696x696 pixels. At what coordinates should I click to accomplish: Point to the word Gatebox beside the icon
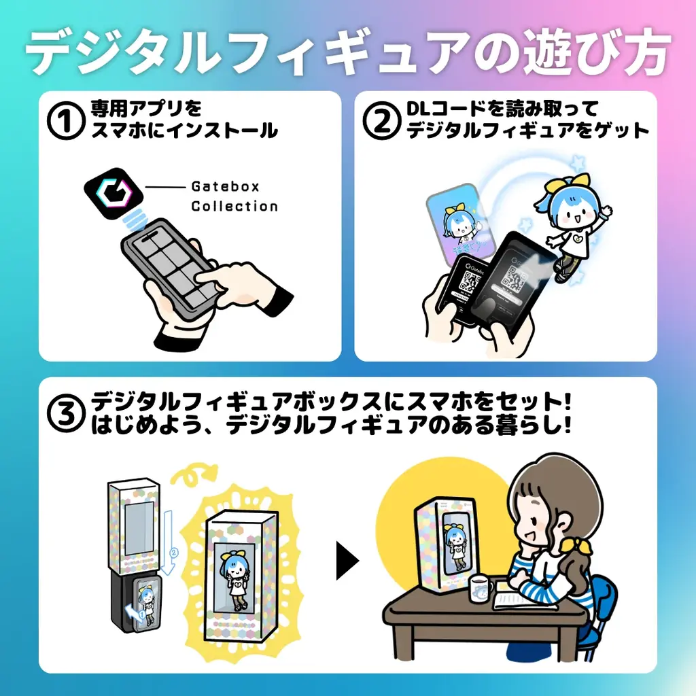225,186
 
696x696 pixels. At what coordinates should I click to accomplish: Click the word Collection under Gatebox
234,207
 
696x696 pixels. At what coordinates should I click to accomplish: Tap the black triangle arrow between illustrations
347,561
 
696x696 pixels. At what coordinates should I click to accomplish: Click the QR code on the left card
468,281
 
